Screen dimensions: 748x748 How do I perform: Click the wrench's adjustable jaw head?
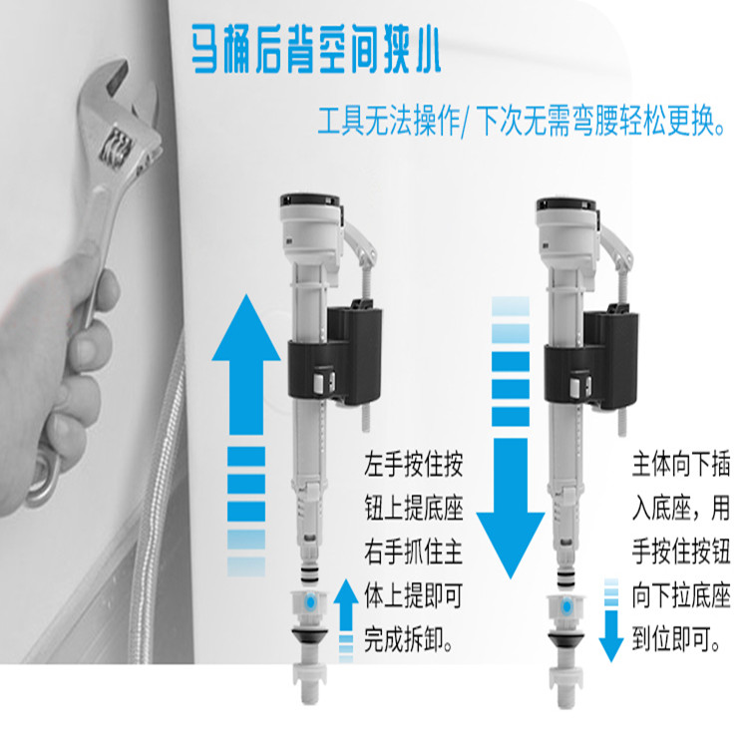(x=119, y=120)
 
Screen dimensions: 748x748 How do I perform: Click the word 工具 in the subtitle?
(x=341, y=121)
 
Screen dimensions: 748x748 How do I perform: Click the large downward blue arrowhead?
(x=511, y=545)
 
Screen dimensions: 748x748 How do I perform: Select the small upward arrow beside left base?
(x=346, y=619)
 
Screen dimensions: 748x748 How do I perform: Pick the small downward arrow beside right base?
(x=611, y=620)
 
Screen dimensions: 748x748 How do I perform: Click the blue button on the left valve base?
(x=310, y=602)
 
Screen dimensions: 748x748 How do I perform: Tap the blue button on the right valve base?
(x=566, y=607)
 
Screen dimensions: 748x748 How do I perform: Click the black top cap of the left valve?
(x=309, y=199)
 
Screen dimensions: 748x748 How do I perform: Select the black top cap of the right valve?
(x=566, y=204)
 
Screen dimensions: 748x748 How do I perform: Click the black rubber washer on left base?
(x=310, y=635)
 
